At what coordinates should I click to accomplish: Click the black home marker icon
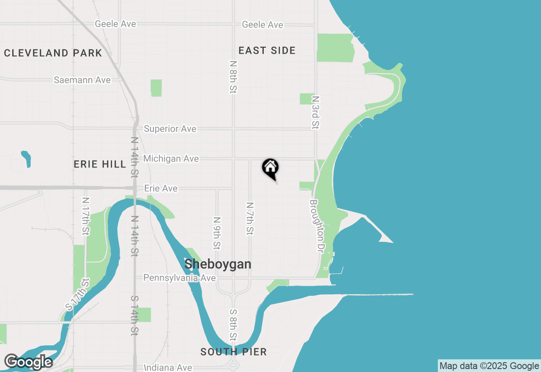point(270,168)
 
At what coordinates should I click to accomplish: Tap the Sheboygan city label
point(218,265)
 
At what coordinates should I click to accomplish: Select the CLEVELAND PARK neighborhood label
point(53,53)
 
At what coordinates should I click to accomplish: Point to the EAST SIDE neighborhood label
point(267,51)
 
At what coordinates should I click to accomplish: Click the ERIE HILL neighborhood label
point(100,164)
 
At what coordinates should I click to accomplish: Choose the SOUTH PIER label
point(234,352)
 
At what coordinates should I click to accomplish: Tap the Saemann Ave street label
point(82,80)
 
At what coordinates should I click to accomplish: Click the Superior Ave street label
point(170,129)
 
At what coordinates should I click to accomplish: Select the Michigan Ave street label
point(171,159)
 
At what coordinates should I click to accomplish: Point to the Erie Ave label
point(161,189)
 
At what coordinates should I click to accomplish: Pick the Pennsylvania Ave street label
point(180,278)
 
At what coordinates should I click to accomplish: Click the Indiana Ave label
point(168,368)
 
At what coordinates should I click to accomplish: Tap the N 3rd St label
point(315,112)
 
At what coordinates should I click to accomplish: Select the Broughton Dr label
point(319,226)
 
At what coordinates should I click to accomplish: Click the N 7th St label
point(250,218)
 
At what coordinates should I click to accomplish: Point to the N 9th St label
point(217,233)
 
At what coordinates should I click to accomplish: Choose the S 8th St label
point(233,325)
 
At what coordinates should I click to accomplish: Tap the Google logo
point(28,362)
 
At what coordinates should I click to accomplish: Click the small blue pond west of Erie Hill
point(26,159)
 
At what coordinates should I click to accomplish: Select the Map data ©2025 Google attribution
point(489,366)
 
